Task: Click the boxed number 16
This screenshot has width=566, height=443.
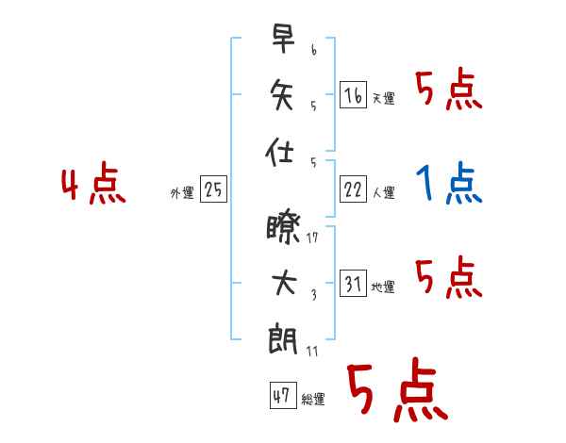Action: (352, 95)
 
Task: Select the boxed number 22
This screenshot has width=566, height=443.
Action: (352, 189)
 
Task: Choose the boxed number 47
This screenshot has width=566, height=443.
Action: (281, 397)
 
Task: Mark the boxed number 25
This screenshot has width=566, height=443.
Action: (213, 190)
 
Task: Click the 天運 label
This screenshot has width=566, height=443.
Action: (383, 99)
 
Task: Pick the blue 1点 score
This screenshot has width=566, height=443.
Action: (449, 184)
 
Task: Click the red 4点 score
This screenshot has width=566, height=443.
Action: (92, 185)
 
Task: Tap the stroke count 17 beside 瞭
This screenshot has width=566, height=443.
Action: (312, 238)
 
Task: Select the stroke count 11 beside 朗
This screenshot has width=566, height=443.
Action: (312, 351)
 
